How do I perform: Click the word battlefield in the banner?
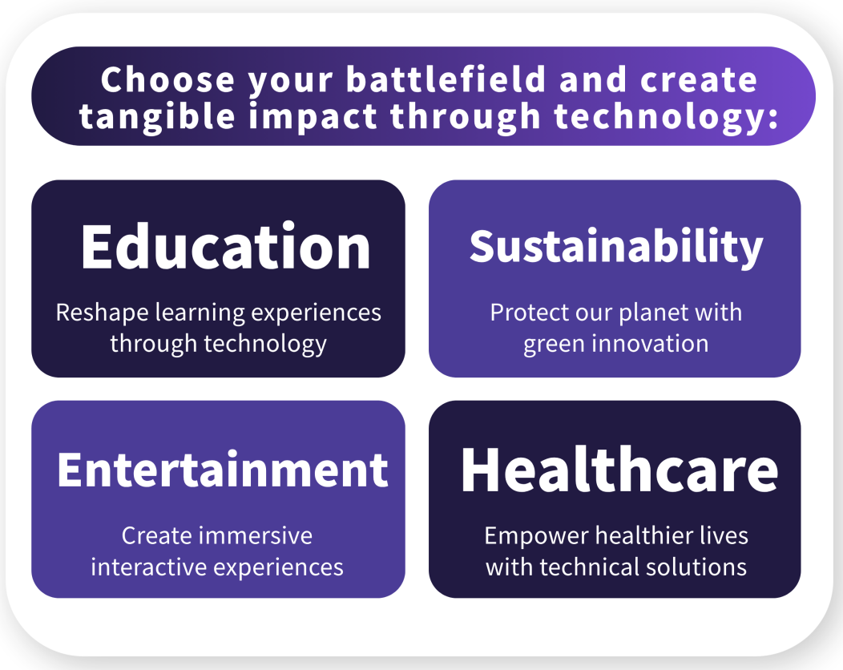coord(446,79)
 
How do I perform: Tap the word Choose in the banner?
coord(167,79)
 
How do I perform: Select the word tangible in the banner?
coord(157,117)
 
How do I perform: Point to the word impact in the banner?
coord(313,117)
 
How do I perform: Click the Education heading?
coord(226,247)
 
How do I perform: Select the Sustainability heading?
coord(616,247)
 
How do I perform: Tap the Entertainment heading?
coord(223,470)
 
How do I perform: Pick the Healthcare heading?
coord(619,470)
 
